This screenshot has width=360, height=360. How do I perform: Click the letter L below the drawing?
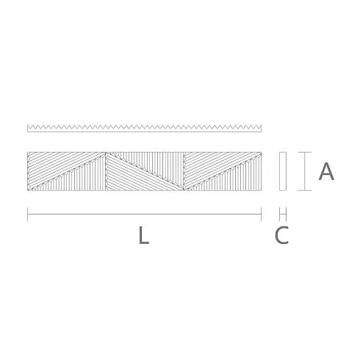click(144, 235)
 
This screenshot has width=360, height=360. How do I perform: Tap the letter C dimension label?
click(282, 235)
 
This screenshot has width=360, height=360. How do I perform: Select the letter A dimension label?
click(326, 171)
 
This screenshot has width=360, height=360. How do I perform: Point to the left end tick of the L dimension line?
click(28, 214)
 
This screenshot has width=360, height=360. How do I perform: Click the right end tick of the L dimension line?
click(262, 214)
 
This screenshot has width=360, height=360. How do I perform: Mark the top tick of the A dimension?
click(305, 152)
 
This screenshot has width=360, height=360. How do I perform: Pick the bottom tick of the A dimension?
click(305, 190)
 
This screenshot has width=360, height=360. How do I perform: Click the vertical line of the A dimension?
click(305, 171)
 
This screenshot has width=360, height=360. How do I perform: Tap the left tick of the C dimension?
click(280, 214)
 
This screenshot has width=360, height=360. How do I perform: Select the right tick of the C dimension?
click(286, 214)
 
